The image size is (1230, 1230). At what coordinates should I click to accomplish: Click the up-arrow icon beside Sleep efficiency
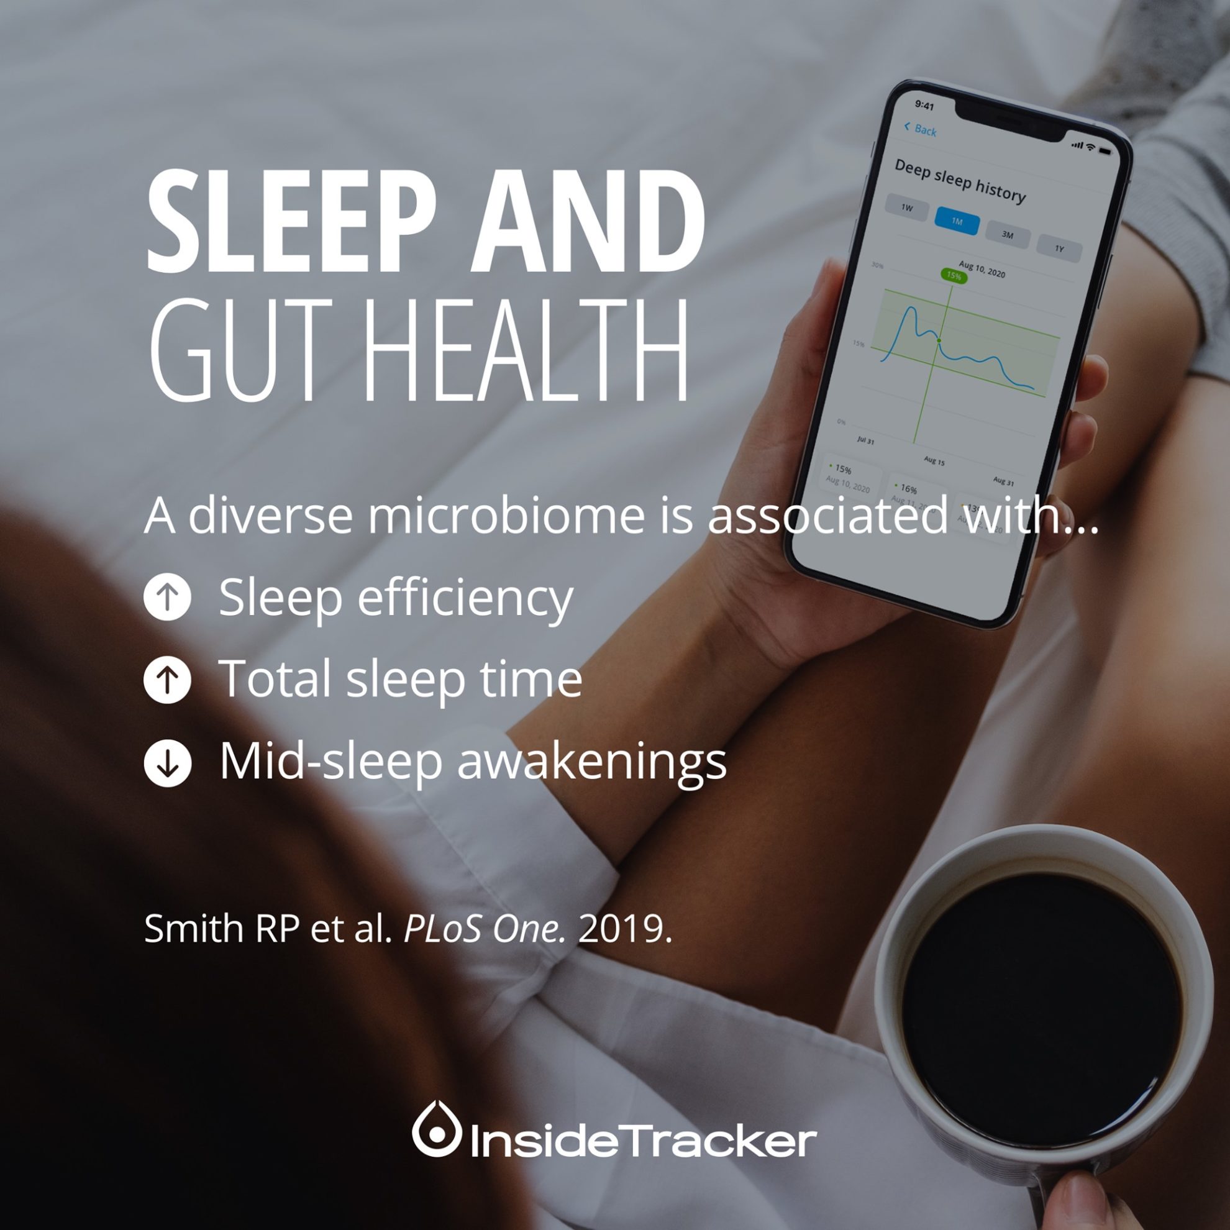[x=168, y=596]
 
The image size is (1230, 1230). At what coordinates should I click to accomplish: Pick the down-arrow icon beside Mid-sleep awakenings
[x=168, y=762]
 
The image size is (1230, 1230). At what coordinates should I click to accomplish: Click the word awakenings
[x=591, y=762]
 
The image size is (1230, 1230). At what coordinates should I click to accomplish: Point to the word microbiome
[x=506, y=516]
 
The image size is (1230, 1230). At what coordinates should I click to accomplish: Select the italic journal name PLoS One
[x=485, y=929]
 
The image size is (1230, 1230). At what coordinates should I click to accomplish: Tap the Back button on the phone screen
[x=921, y=129]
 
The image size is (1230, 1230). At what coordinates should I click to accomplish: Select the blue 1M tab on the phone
[x=957, y=221]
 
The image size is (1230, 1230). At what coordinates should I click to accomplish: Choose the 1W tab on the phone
[x=906, y=207]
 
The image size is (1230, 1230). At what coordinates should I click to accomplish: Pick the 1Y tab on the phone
[x=1059, y=248]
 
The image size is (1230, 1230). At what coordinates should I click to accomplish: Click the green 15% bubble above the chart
[x=954, y=276]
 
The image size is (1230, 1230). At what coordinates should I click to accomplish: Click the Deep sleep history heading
[x=960, y=181]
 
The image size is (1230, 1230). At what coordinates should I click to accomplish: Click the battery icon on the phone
[x=1105, y=151]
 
